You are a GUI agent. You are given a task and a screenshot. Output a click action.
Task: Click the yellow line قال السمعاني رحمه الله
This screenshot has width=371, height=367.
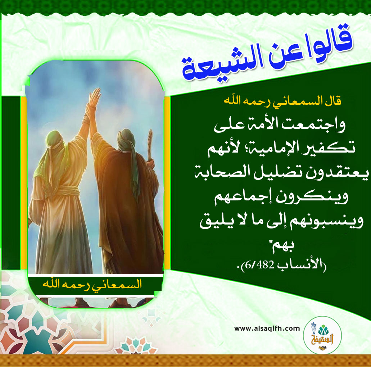282,101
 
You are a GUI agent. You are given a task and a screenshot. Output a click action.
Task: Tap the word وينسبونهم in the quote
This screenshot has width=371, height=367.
324,222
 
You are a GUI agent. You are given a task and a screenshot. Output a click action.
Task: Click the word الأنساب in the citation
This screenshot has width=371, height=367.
300,265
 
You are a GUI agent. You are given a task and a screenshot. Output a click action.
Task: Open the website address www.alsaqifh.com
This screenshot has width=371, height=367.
267,329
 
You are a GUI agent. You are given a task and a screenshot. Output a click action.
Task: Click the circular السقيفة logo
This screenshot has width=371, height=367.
322,335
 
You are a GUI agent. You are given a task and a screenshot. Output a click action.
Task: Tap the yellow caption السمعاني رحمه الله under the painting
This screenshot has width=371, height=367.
92,284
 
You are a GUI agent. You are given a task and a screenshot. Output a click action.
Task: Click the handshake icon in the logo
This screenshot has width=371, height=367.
322,348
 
